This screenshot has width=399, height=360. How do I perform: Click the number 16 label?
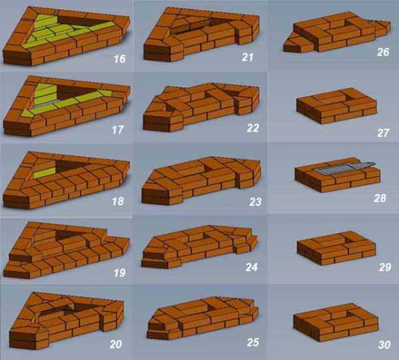click(119, 58)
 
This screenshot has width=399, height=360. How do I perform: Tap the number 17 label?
click(118, 130)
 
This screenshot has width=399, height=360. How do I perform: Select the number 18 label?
click(118, 201)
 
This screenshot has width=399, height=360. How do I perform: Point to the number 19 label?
click(119, 273)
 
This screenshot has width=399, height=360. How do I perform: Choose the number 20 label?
click(116, 344)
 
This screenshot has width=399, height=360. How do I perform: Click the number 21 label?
click(247, 57)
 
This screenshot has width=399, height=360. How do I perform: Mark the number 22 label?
click(253, 128)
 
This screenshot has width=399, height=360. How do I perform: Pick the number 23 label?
click(255, 202)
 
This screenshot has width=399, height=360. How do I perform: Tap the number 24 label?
click(251, 267)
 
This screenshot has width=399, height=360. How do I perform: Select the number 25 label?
click(253, 342)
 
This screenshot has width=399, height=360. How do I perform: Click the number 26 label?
click(383, 52)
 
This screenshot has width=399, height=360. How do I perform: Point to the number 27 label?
click(383, 133)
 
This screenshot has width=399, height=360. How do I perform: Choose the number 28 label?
click(380, 198)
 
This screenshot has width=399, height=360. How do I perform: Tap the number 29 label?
click(384, 267)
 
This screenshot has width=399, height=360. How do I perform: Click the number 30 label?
click(384, 345)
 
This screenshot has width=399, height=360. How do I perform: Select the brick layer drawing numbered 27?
click(336, 106)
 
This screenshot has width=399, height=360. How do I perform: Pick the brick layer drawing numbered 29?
click(336, 248)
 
